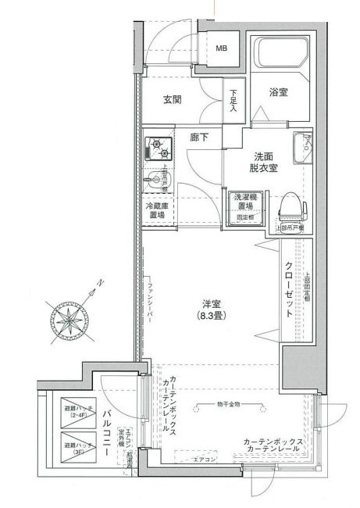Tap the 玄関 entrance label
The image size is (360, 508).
tap(173, 99)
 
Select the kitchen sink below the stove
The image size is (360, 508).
tap(159, 179)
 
